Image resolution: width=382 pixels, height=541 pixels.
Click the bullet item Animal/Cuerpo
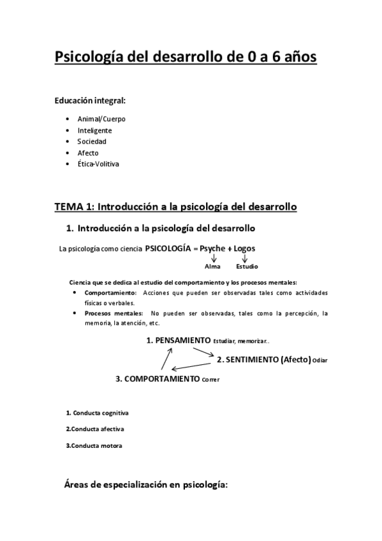click(101, 119)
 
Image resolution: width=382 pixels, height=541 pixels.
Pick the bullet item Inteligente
click(95, 130)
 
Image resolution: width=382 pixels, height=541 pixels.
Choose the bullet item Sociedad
click(92, 141)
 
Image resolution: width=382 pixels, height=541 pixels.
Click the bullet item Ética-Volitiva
click(98, 164)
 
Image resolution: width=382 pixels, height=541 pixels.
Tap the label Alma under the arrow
click(212, 266)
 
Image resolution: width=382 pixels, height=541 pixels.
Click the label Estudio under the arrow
click(246, 266)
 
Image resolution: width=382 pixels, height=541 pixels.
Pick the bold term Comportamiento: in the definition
click(110, 293)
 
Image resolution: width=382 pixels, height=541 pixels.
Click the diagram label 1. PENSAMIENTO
click(179, 341)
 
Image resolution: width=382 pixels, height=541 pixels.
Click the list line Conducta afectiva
click(95, 429)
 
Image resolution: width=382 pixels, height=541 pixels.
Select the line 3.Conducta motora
click(94, 445)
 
